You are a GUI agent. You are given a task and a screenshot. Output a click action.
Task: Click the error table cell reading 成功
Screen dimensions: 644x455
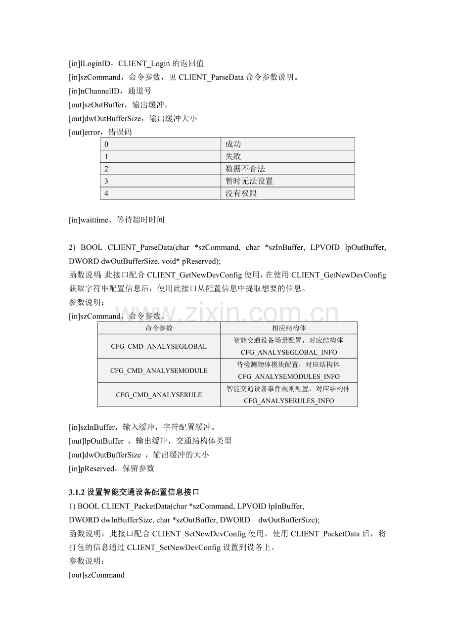[233, 144]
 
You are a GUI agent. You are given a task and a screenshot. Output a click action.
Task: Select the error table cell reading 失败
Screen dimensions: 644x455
[233, 156]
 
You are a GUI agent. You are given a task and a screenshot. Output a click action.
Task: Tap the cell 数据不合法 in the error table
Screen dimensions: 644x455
[245, 169]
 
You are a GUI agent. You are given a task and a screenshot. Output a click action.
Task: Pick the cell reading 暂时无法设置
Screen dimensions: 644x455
[249, 181]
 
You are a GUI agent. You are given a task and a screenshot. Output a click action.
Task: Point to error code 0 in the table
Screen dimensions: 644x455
[106, 144]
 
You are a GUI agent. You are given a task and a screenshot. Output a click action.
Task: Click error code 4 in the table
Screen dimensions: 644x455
[106, 193]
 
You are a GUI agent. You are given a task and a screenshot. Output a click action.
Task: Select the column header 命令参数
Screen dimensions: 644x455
[159, 328]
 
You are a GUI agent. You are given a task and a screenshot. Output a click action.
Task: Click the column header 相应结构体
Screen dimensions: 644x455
[288, 328]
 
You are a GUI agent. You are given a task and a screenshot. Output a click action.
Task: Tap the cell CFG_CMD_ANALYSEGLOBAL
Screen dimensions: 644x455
[159, 346]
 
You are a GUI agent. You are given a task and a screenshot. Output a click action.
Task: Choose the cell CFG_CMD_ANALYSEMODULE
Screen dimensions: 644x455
[159, 370]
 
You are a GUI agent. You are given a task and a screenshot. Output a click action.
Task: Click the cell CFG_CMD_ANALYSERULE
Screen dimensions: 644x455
[159, 395]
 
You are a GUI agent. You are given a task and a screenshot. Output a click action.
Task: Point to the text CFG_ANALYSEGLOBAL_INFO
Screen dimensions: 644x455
[289, 352]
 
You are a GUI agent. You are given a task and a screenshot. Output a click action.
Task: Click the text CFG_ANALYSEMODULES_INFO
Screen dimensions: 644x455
[289, 376]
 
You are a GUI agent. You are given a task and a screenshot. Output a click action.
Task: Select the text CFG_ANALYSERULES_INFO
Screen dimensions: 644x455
[289, 401]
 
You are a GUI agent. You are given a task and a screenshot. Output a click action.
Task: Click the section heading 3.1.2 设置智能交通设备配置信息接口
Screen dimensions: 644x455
[134, 492]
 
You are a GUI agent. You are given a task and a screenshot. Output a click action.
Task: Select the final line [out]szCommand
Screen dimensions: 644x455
[96, 575]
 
